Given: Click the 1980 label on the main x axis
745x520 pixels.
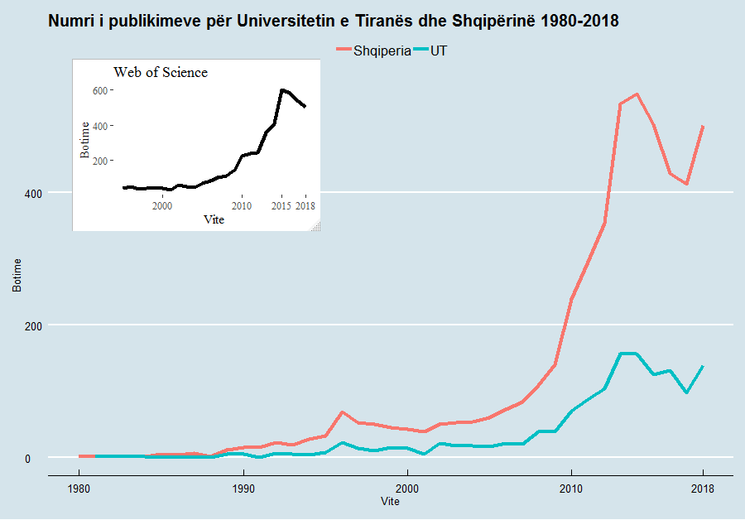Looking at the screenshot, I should tap(79, 489).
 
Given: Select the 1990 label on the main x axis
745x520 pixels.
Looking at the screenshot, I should tap(243, 489).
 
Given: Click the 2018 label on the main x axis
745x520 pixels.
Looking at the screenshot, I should tap(703, 489).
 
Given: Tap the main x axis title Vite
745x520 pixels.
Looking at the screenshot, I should tap(390, 502).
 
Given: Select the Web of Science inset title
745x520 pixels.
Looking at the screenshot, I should tap(161, 73).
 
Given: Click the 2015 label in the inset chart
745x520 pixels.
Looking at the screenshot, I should tap(281, 205).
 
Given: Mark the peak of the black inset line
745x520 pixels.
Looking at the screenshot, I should tap(282, 89).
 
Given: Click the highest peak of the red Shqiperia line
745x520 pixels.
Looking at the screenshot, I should tap(637, 94).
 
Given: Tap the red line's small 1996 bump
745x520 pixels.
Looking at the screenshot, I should tap(342, 412).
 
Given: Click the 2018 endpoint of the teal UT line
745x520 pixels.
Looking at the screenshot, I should tap(703, 366).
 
